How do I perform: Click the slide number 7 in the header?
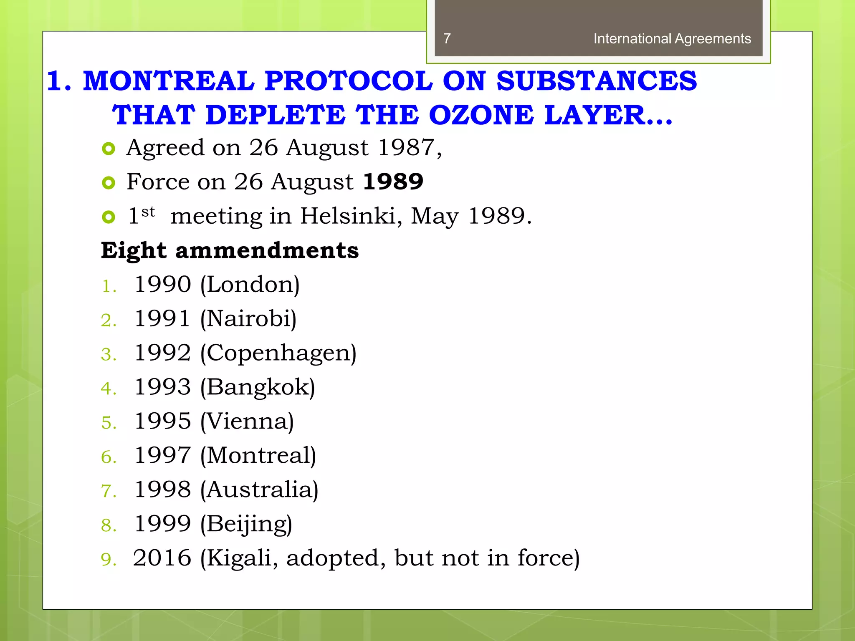tap(447, 39)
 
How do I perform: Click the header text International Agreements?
tap(672, 39)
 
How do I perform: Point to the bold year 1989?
tap(393, 182)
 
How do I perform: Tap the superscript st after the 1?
tap(148, 212)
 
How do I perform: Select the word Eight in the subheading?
tap(134, 250)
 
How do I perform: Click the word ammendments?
tap(267, 250)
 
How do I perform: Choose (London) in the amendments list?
tap(250, 285)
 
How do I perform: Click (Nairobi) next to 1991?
tap(248, 319)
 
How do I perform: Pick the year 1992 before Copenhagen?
tap(162, 353)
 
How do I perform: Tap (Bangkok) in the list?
tap(257, 388)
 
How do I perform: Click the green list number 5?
tap(108, 423)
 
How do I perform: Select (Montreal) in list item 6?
tap(258, 456)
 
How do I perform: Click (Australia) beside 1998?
tap(259, 490)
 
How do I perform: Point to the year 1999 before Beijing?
tap(162, 524)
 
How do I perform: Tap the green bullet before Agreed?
tap(109, 149)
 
